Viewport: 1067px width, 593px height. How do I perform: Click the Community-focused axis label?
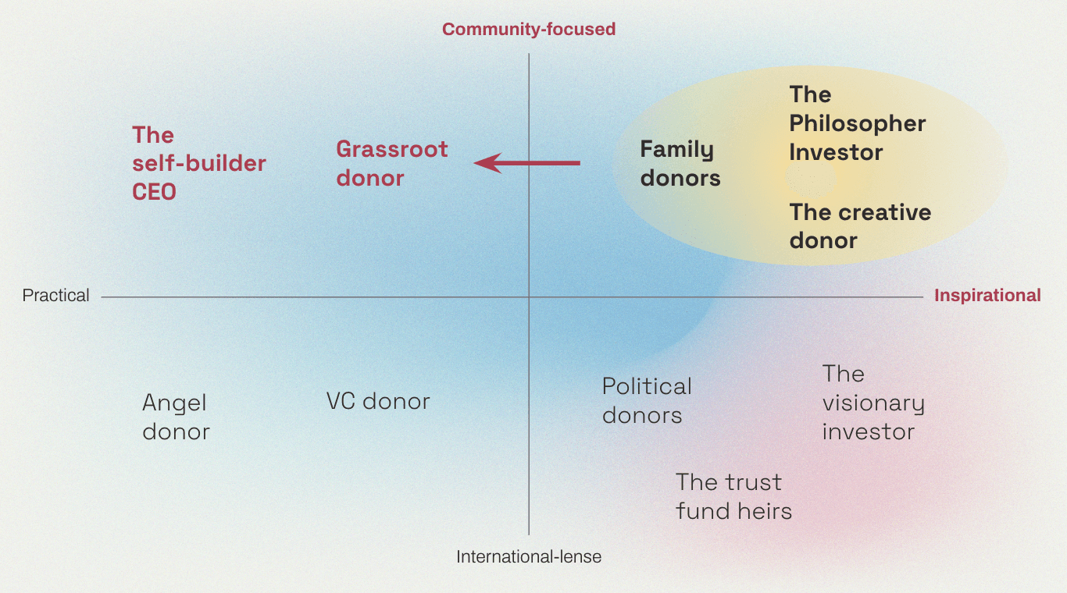(x=529, y=30)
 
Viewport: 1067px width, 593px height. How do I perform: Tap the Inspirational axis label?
(x=987, y=296)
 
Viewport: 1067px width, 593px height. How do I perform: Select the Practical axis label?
(x=56, y=296)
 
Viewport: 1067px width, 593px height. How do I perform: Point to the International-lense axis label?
(x=529, y=557)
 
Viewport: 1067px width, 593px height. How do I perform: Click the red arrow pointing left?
(x=527, y=163)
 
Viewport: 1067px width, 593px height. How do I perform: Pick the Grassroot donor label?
(x=392, y=163)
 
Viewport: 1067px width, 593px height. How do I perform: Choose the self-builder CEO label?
(x=199, y=163)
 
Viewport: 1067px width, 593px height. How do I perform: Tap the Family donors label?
(x=680, y=163)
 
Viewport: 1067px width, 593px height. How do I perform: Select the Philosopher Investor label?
(x=857, y=123)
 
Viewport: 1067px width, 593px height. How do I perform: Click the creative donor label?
(x=860, y=226)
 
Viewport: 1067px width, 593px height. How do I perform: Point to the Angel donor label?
(x=176, y=417)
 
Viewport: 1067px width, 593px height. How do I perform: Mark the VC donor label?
(x=378, y=402)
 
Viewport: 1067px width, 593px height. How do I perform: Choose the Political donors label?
(x=647, y=401)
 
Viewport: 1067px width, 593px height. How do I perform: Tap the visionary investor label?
(x=873, y=403)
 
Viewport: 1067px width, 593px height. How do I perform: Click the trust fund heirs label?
(x=733, y=497)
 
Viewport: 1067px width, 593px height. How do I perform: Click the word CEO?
(x=155, y=192)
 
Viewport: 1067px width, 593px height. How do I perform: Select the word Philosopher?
(x=857, y=123)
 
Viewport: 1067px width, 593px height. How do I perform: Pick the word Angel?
(x=174, y=404)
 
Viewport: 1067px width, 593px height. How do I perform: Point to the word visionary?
(x=873, y=404)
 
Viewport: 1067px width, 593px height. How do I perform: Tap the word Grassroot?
(x=392, y=149)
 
